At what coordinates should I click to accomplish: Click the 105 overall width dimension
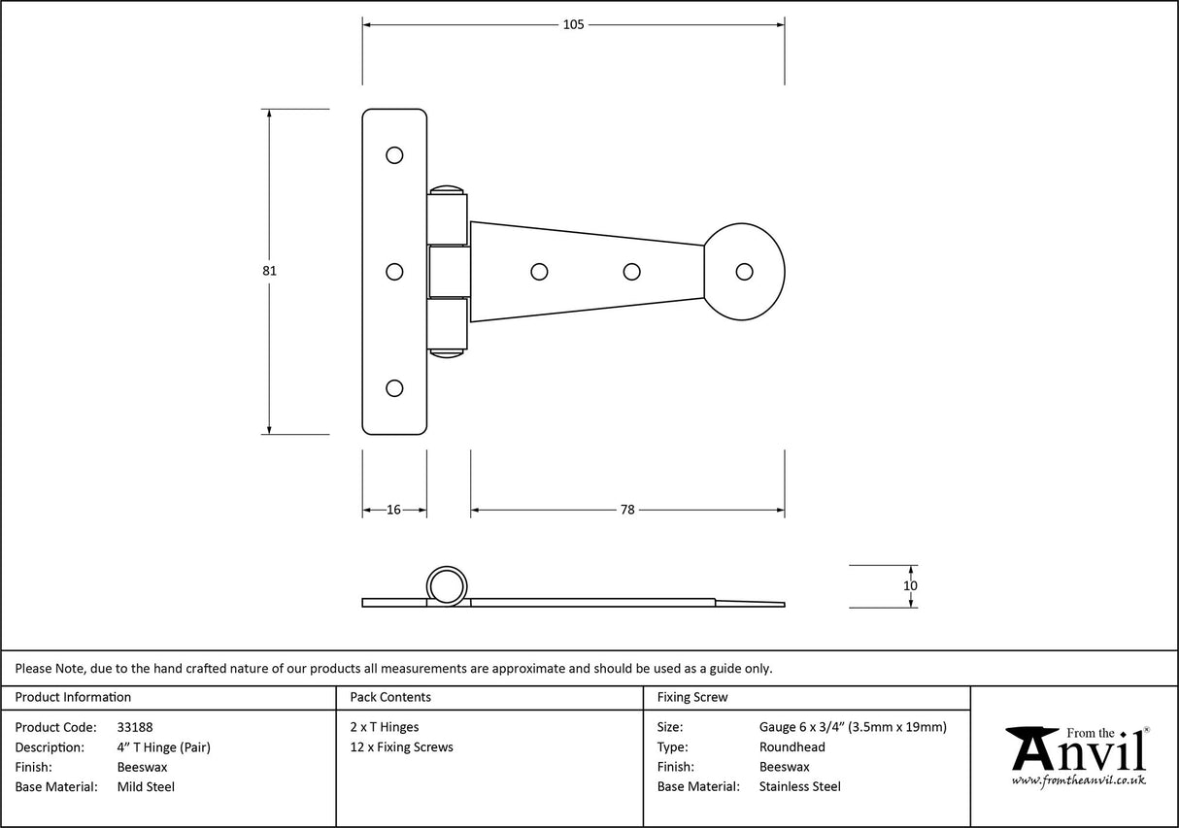573,24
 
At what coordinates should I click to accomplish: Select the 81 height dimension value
270,271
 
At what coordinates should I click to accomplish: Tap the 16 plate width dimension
394,510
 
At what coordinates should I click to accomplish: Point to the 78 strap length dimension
627,510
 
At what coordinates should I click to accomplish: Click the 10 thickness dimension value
910,585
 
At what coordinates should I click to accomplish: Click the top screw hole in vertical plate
394,154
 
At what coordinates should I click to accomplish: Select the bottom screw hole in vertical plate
394,387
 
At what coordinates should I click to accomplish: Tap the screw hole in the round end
745,272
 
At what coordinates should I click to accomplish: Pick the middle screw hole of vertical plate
394,272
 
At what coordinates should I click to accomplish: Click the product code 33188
134,727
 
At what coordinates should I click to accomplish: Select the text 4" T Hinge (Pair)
163,747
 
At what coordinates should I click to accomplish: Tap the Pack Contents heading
389,697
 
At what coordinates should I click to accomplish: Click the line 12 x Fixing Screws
401,747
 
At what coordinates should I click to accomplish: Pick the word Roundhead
792,747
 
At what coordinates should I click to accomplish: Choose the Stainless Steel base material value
799,787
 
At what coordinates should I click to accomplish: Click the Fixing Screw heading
691,697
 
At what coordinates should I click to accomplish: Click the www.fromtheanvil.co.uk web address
1078,780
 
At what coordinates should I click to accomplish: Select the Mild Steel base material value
146,787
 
